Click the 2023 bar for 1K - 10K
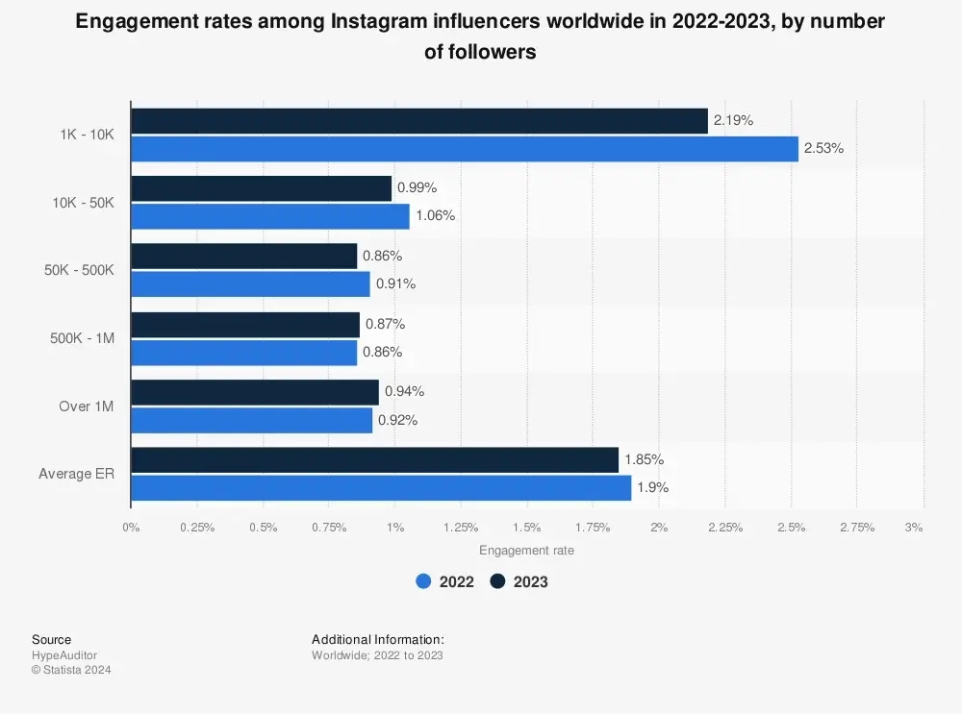pyautogui.click(x=419, y=121)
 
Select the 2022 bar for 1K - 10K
pyautogui.click(x=465, y=149)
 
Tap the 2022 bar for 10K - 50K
pyautogui.click(x=270, y=216)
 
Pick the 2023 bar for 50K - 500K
pyautogui.click(x=244, y=257)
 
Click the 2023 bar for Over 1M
pyautogui.click(x=255, y=392)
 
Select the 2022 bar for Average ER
pyautogui.click(x=381, y=488)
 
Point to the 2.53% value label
pyautogui.click(x=823, y=149)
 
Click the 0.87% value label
pyautogui.click(x=385, y=324)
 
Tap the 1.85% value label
pyautogui.click(x=644, y=459)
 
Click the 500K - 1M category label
pyautogui.click(x=82, y=338)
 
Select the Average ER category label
pyautogui.click(x=76, y=474)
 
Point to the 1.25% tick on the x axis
pyautogui.click(x=461, y=528)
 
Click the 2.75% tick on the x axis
pyautogui.click(x=857, y=528)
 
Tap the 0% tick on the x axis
pyautogui.click(x=131, y=528)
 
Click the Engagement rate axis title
pyautogui.click(x=526, y=551)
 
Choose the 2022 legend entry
pyautogui.click(x=445, y=581)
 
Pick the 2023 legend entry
pyautogui.click(x=519, y=581)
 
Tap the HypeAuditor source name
pyautogui.click(x=64, y=655)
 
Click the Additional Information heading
pyautogui.click(x=378, y=639)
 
